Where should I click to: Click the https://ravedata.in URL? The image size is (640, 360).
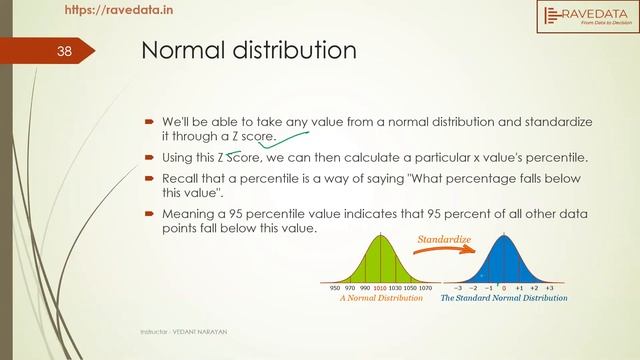point(116,11)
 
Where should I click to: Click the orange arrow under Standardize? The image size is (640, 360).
point(441,254)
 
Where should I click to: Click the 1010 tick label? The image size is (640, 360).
point(379,286)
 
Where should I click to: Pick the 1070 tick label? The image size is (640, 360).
point(425,286)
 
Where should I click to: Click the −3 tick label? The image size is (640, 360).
point(457,286)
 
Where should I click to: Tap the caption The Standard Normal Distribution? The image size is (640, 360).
point(504,298)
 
